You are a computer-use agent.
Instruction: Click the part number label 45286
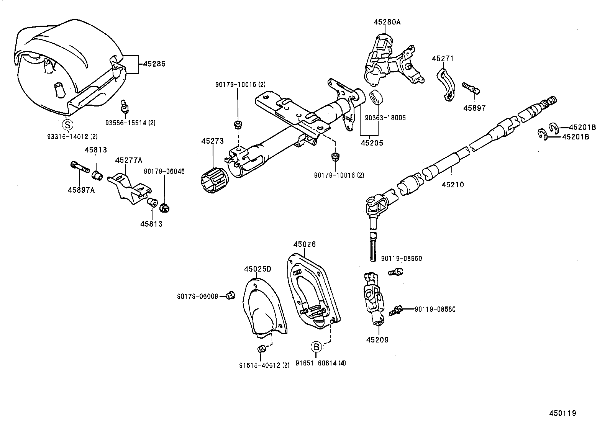coord(154,64)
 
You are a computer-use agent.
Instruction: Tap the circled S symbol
coord(67,124)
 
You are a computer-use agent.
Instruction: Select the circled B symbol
coord(316,347)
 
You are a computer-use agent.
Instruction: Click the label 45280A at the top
coord(387,22)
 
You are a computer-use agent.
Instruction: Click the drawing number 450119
coord(562,413)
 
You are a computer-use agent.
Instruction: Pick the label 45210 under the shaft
coord(453,185)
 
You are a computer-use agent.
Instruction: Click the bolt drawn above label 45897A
coord(80,167)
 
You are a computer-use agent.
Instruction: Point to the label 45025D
coord(257,269)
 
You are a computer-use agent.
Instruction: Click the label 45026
coord(305,244)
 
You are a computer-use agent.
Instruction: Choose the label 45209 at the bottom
coord(377,340)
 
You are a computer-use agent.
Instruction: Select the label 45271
coord(443,59)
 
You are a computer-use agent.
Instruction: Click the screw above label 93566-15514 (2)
coord(125,106)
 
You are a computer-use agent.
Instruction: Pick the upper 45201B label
coord(582,128)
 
